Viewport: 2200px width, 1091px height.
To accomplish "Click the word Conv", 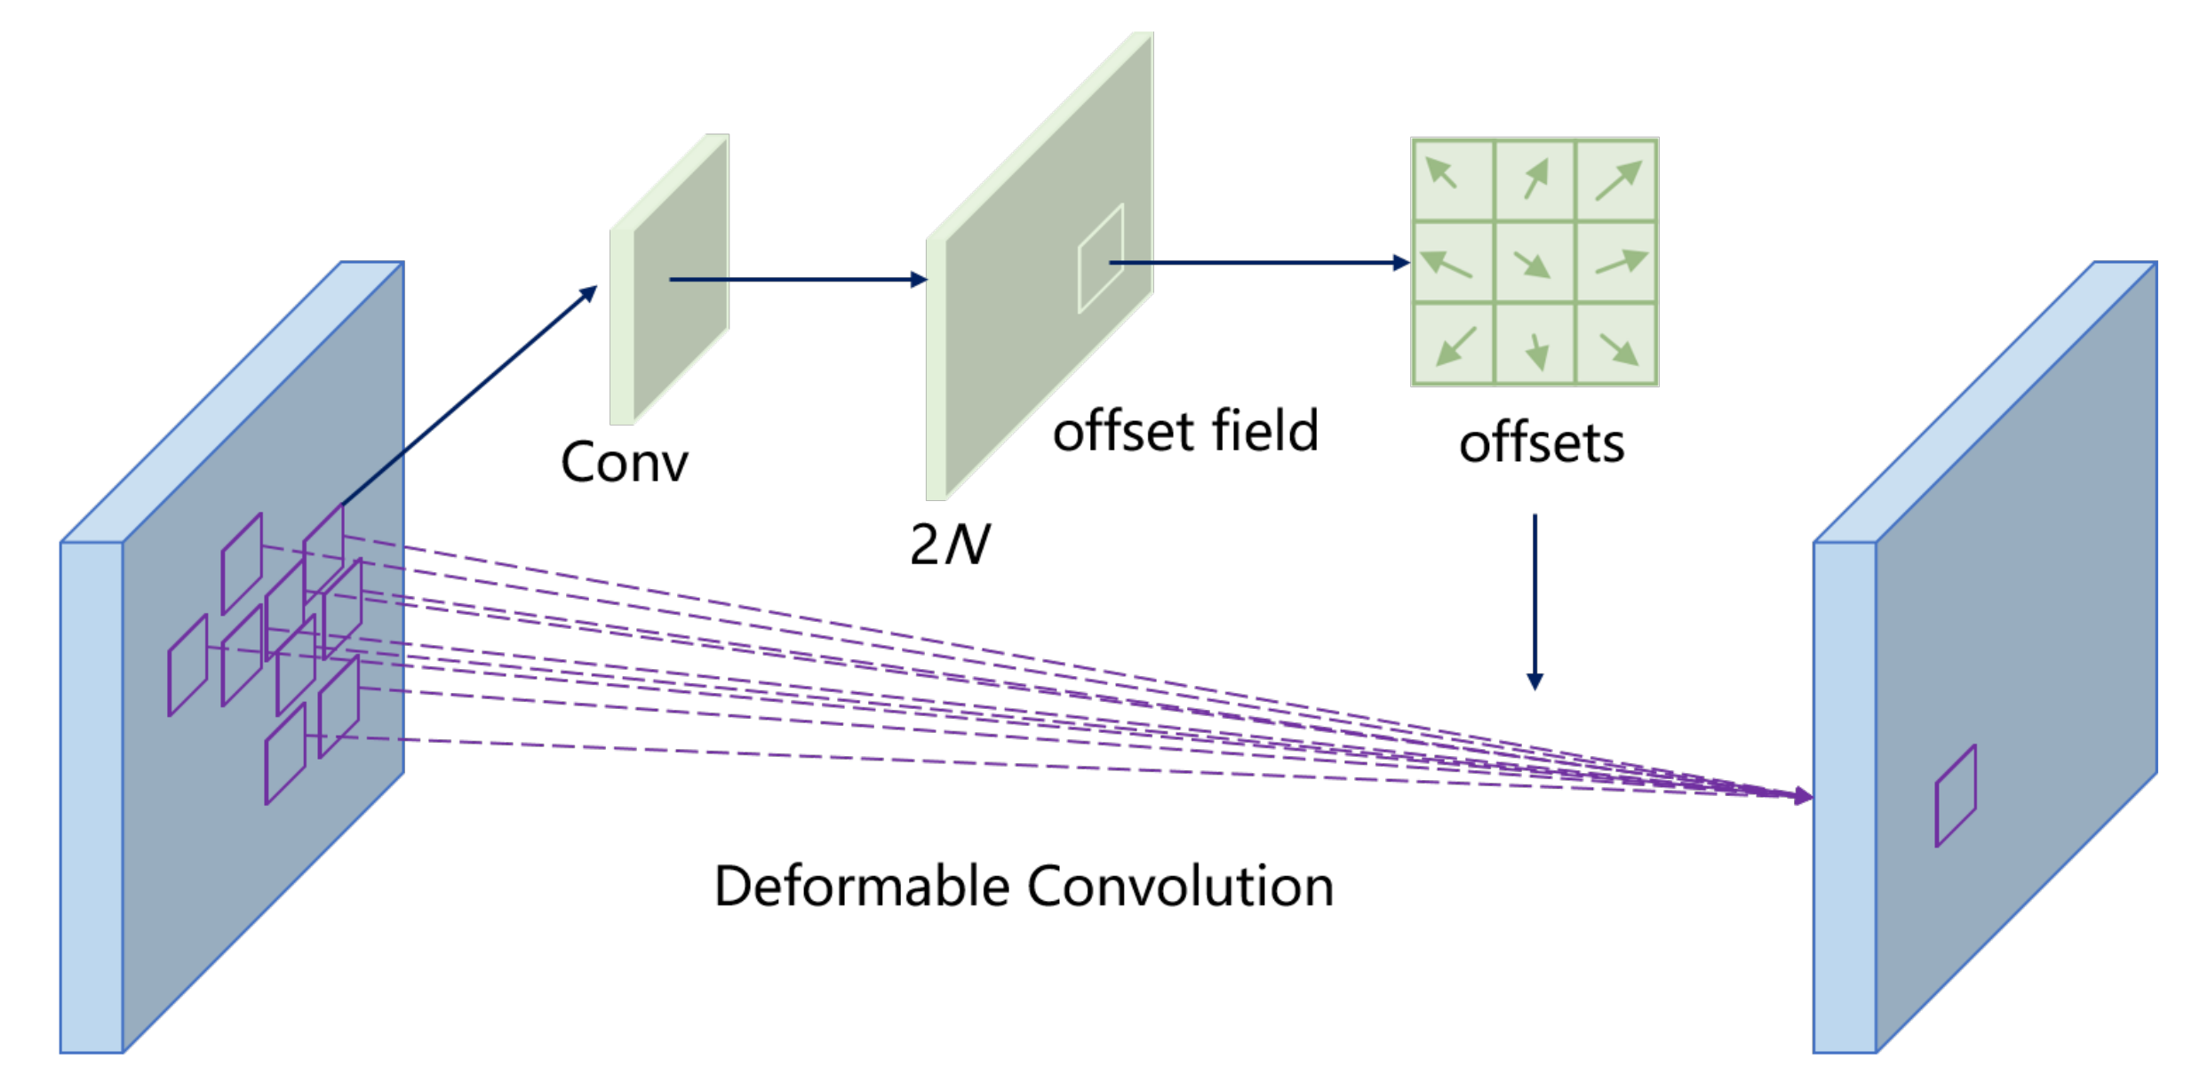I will click(x=624, y=462).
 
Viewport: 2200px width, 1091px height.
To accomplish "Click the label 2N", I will click(x=949, y=544).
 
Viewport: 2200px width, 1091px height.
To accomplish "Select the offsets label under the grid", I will click(x=1542, y=443).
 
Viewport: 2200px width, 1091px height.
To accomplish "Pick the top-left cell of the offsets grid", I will click(x=1452, y=180).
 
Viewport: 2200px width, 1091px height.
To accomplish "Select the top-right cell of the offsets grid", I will click(x=1616, y=180).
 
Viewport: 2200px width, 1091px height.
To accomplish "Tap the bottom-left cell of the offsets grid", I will click(x=1452, y=345).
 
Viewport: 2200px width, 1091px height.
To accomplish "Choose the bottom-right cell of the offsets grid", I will click(x=1616, y=345).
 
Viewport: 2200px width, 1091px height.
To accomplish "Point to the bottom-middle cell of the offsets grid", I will click(x=1534, y=345).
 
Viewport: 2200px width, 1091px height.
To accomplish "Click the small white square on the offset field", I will click(x=1100, y=259).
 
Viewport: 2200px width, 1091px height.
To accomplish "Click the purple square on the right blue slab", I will click(x=1956, y=796).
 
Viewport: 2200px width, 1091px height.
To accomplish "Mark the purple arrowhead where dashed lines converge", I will click(x=1803, y=796).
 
